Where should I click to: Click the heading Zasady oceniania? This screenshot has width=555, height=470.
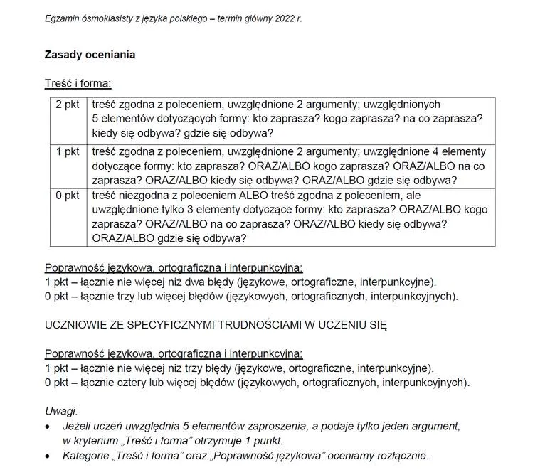(x=90, y=55)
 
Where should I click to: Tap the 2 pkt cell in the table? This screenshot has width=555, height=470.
(x=68, y=104)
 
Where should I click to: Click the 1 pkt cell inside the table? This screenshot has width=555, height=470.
(x=68, y=151)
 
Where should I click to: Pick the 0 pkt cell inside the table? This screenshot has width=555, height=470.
(x=68, y=196)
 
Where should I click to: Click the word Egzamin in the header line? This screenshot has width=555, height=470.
(x=62, y=18)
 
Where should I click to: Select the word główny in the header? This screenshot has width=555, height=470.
(x=252, y=18)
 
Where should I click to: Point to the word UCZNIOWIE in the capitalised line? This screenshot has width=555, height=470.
(x=76, y=325)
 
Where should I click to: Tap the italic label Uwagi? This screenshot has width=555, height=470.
(x=60, y=412)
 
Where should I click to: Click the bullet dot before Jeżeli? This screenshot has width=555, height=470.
(x=48, y=427)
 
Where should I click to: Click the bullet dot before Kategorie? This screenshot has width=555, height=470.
(x=48, y=456)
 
